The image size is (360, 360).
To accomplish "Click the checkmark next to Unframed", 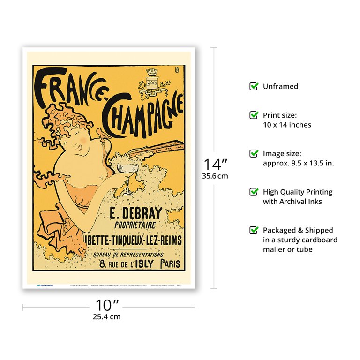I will [254, 86].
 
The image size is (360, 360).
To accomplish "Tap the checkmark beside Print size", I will [254, 115].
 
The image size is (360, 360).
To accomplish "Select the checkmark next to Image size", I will [254, 153].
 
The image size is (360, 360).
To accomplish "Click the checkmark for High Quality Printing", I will [254, 192].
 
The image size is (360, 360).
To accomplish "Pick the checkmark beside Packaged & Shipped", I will [254, 230].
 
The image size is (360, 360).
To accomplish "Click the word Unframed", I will [280, 86].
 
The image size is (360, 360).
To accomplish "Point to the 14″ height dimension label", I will [215, 165].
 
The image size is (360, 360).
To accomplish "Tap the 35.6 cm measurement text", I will [215, 176].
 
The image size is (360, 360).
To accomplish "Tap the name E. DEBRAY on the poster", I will [135, 214].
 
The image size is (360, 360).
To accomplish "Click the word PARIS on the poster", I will [170, 264].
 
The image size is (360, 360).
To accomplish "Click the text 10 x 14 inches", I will [287, 125].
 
